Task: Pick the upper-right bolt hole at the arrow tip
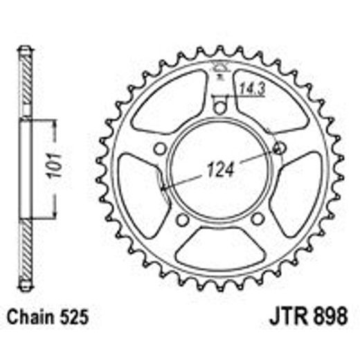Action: pos(280,148)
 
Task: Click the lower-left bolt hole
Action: pos(182,219)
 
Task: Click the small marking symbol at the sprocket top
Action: pos(220,67)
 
